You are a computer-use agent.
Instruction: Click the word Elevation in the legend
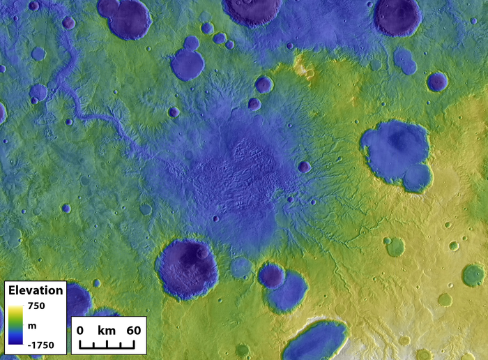coord(36,290)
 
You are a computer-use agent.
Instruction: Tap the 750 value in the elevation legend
coord(36,306)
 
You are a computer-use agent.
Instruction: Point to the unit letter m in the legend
coord(31,325)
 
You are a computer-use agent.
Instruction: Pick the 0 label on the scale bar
coord(80,329)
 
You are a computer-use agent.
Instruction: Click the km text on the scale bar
coord(106,329)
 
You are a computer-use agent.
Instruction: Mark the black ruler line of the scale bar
coord(106,344)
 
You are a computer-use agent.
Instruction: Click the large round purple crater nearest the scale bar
coord(188,269)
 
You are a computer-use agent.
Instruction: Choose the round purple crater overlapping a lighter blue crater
coord(272,276)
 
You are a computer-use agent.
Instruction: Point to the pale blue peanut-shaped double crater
coord(404,61)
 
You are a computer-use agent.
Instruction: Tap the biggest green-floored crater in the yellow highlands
coord(473,274)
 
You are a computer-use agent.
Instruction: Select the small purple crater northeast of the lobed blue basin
coord(437,82)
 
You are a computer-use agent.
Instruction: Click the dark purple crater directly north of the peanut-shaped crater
coord(398,15)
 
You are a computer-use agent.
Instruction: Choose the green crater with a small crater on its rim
coord(395,246)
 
